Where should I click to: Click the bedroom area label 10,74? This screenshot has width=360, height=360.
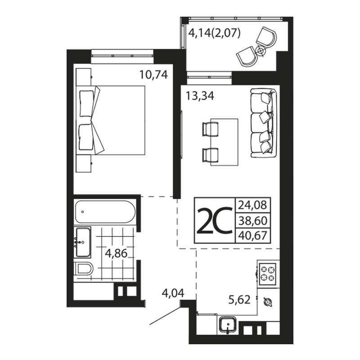pyautogui.click(x=153, y=75)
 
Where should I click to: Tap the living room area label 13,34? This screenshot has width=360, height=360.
pyautogui.click(x=200, y=96)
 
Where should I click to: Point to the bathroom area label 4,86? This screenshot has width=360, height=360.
pyautogui.click(x=116, y=253)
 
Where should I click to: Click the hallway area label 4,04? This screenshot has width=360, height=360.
pyautogui.click(x=173, y=293)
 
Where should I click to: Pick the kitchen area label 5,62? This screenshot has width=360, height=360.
pyautogui.click(x=239, y=300)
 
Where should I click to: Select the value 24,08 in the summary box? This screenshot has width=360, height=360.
pyautogui.click(x=252, y=205)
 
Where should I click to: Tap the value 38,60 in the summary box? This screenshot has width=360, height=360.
pyautogui.click(x=253, y=220)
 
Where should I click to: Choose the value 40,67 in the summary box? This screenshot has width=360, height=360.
pyautogui.click(x=253, y=235)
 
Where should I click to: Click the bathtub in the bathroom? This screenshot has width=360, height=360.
pyautogui.click(x=105, y=211)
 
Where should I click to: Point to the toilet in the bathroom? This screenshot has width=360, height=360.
pyautogui.click(x=84, y=268)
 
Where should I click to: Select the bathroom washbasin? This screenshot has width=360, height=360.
pyautogui.click(x=83, y=242)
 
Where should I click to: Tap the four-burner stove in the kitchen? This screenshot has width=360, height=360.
pyautogui.click(x=267, y=274)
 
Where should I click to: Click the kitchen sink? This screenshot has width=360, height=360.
pyautogui.click(x=228, y=324)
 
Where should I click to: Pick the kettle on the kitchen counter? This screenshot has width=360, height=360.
pyautogui.click(x=268, y=301)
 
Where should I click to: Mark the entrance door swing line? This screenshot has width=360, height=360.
pyautogui.click(x=165, y=316)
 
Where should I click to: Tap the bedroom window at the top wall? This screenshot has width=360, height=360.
pyautogui.click(x=122, y=56)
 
